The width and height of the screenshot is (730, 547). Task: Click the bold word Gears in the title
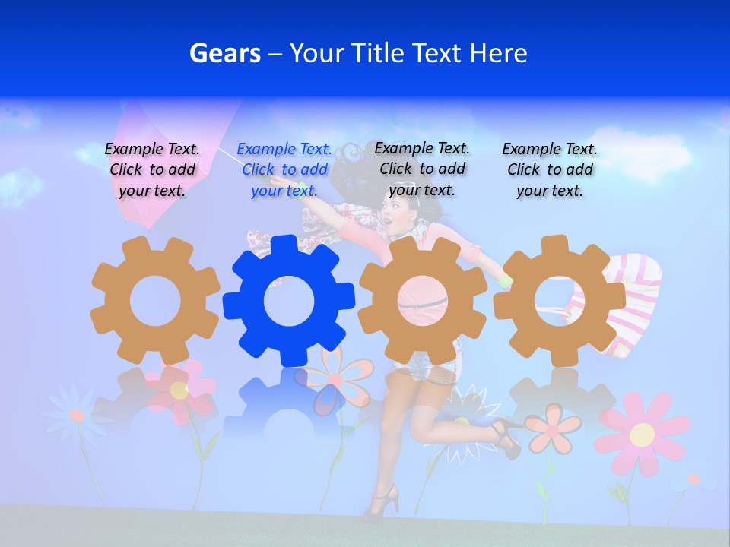click(x=225, y=54)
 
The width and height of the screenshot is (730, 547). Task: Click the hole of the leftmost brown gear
click(x=155, y=301)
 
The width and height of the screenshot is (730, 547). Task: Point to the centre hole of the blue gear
click(x=289, y=302)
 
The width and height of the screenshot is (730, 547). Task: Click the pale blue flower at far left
click(x=76, y=415)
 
